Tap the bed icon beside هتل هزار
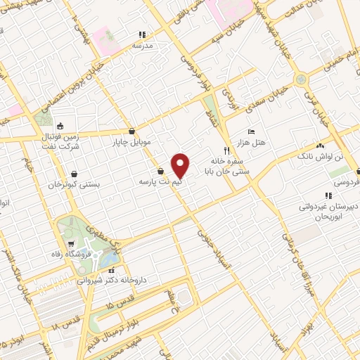(251, 131)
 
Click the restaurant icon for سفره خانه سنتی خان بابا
(226, 150)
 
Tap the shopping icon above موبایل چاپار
(132, 131)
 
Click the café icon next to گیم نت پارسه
(160, 171)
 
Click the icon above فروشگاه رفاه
(70, 241)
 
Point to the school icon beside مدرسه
(141, 34)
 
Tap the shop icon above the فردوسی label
(357, 171)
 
